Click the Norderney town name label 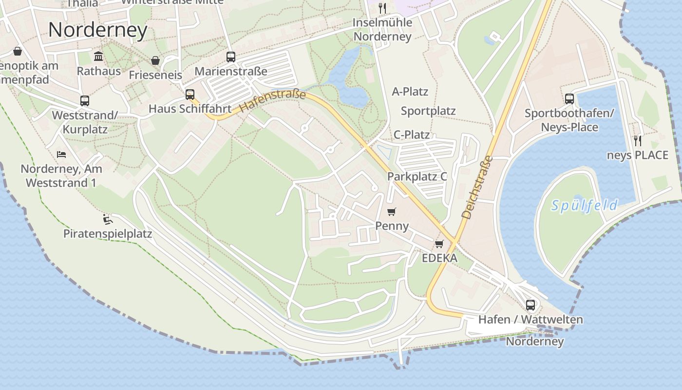pyautogui.click(x=98, y=30)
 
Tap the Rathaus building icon pyautogui.click(x=98, y=56)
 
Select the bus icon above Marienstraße pyautogui.click(x=231, y=57)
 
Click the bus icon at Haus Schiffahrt pyautogui.click(x=190, y=94)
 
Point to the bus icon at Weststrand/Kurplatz pyautogui.click(x=85, y=101)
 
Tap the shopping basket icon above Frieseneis pyautogui.click(x=155, y=60)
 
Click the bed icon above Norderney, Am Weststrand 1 pyautogui.click(x=61, y=154)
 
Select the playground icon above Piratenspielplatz pyautogui.click(x=108, y=219)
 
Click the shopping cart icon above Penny pyautogui.click(x=391, y=212)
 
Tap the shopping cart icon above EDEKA pyautogui.click(x=439, y=244)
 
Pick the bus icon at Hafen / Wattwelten pyautogui.click(x=530, y=305)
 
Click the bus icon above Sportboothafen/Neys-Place pyautogui.click(x=569, y=99)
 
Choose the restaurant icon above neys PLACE pyautogui.click(x=638, y=141)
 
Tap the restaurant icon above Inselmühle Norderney pyautogui.click(x=382, y=8)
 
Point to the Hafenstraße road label pyautogui.click(x=273, y=101)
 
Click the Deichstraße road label pyautogui.click(x=477, y=187)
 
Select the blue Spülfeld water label pyautogui.click(x=585, y=205)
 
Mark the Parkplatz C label pyautogui.click(x=417, y=176)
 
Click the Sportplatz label pyautogui.click(x=428, y=111)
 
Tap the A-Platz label pyautogui.click(x=410, y=92)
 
